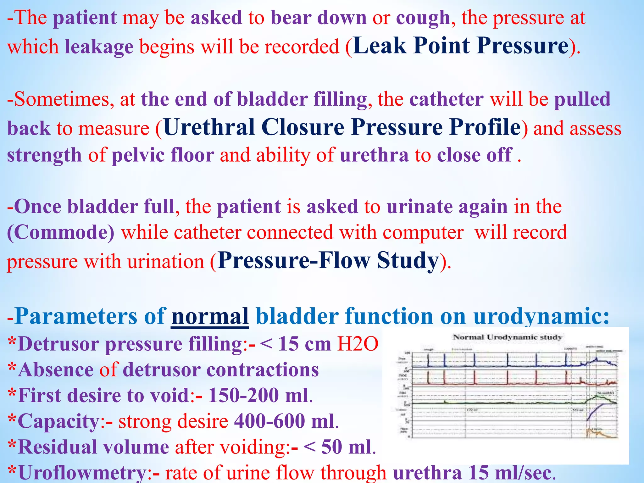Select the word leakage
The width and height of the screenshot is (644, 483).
[x=99, y=47]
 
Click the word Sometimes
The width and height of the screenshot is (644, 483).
[x=61, y=100]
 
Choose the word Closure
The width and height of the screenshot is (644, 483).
[x=303, y=128]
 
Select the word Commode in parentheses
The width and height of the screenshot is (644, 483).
[x=61, y=233]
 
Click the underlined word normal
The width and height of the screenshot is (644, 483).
[x=210, y=316]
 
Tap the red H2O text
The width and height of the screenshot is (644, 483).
[x=358, y=344]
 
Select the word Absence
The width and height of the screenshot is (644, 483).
[x=56, y=370]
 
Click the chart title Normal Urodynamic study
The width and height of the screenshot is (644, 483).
[x=507, y=337]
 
